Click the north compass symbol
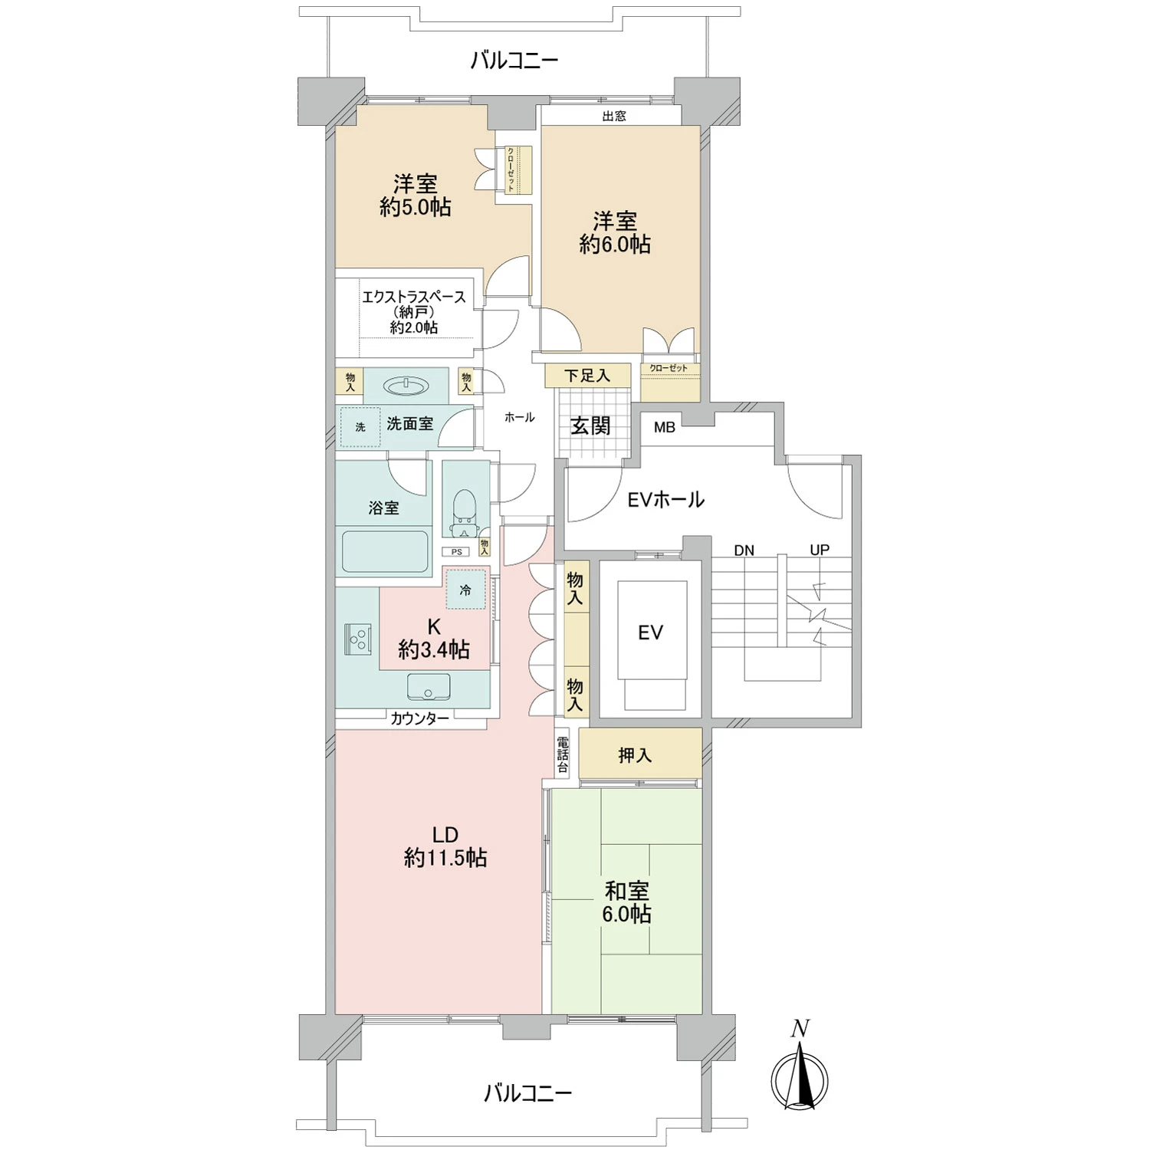[800, 1077]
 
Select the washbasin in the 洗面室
[406, 386]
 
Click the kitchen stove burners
[358, 639]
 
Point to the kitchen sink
[429, 687]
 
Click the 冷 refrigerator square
[465, 590]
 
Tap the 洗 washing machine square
[360, 427]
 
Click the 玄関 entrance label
[590, 426]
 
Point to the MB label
[665, 427]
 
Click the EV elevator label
[650, 632]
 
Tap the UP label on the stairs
[820, 550]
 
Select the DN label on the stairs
[744, 550]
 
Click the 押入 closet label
[635, 755]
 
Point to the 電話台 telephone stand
[563, 754]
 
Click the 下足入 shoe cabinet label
[587, 375]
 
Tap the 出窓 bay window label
[614, 116]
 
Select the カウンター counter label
[419, 718]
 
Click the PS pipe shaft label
[457, 551]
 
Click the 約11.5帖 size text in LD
[445, 857]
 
